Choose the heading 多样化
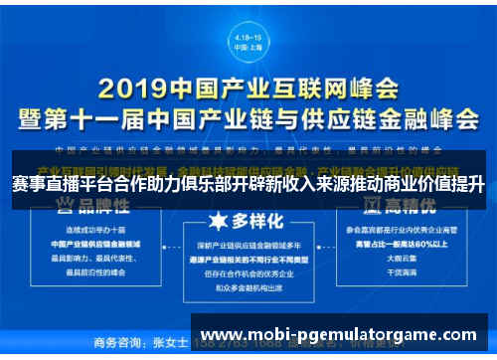point(248,220)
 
